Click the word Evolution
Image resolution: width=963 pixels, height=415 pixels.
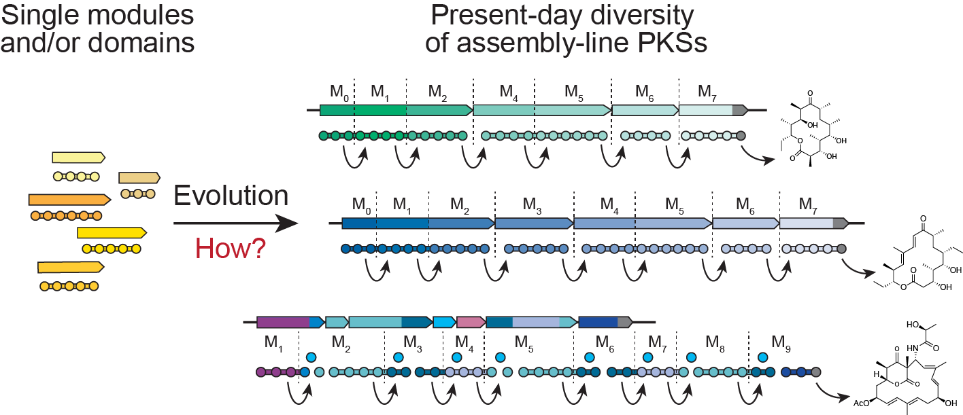coord(231,196)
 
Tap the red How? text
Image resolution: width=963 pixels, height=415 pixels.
coord(231,249)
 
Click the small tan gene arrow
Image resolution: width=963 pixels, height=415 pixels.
coord(139,178)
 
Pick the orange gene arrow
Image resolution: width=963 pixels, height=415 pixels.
coord(69,200)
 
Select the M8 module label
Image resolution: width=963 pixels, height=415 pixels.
coord(713,339)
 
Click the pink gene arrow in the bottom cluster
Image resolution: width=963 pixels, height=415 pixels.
coord(470,322)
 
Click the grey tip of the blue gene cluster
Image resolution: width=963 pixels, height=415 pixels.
coord(841,223)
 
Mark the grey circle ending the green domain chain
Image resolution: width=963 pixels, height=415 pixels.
coord(741,136)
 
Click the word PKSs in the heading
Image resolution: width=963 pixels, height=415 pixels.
coord(672,42)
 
